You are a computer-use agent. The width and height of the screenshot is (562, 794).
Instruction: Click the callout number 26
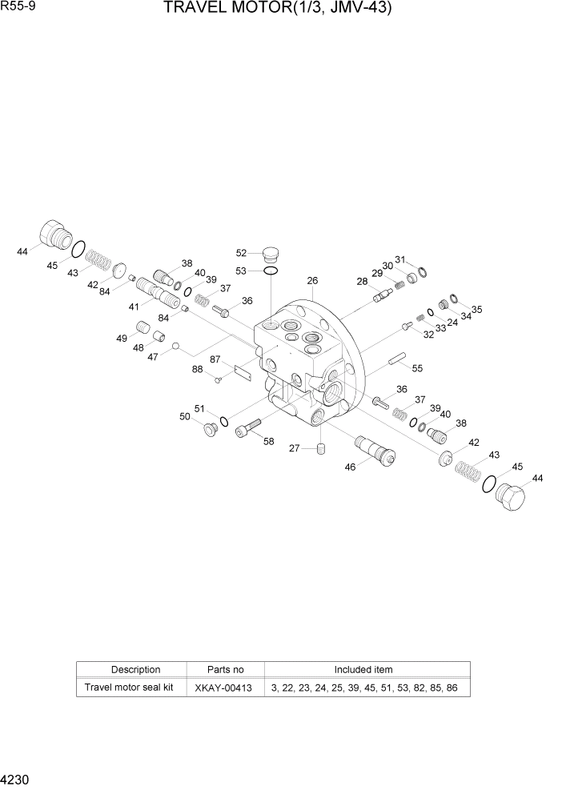[312, 280]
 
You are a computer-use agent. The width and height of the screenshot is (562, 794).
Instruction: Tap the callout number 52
[241, 253]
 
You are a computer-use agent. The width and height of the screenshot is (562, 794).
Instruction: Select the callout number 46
[350, 467]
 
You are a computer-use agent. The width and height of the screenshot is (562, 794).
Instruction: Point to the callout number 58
[268, 441]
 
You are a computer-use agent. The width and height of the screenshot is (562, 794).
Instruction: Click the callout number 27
[295, 449]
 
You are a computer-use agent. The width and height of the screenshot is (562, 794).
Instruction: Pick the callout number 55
[417, 368]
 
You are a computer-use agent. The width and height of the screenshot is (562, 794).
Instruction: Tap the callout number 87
[215, 359]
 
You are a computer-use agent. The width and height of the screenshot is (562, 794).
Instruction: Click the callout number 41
[134, 307]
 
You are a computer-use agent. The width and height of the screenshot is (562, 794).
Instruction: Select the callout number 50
[185, 416]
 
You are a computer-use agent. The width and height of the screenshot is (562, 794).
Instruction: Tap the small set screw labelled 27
[320, 448]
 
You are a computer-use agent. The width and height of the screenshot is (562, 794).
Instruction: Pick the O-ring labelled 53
[271, 272]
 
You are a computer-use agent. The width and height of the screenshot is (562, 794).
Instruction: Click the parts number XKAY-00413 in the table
[224, 688]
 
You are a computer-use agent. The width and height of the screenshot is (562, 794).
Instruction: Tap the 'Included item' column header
[363, 670]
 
